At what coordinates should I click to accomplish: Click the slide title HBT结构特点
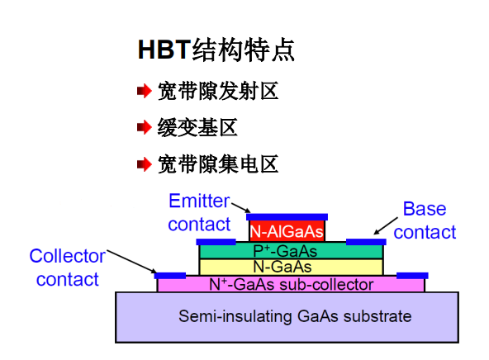216,50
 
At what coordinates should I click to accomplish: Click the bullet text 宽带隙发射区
218,91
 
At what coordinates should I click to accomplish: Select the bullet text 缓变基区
197,127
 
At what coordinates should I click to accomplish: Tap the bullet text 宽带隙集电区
218,163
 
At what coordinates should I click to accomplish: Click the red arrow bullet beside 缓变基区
144,127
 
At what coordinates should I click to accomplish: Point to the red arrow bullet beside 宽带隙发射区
144,91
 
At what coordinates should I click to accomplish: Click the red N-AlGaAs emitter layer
287,231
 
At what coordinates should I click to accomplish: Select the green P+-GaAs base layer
291,250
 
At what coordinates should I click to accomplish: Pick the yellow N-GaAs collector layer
291,267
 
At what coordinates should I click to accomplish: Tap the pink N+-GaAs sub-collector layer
291,285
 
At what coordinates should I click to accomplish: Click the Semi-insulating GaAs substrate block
287,316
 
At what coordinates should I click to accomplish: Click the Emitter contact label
199,212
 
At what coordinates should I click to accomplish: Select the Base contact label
425,220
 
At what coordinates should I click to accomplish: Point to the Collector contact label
67,268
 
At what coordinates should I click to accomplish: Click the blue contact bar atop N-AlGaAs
287,217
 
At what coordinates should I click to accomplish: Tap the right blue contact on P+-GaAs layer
365,242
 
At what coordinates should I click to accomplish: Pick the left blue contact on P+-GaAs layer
211,242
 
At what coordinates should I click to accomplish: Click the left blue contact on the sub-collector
171,275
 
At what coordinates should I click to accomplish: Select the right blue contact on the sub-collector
412,275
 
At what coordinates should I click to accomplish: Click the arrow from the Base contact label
386,227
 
